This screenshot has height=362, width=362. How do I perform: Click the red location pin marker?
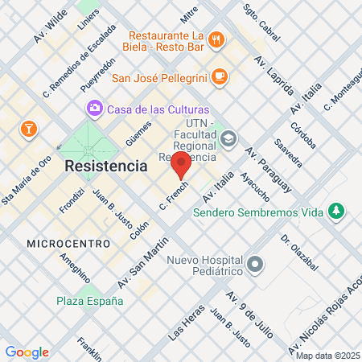click(x=181, y=165)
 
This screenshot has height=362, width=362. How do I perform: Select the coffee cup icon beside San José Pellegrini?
click(x=220, y=77)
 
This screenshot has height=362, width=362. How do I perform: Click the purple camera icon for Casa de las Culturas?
click(x=96, y=108)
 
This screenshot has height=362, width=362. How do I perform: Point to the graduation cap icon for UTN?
click(x=229, y=138)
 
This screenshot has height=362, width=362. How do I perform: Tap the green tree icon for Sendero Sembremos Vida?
click(x=336, y=212)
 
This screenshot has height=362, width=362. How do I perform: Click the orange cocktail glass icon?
click(x=29, y=128)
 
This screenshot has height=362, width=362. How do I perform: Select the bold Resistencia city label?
click(x=105, y=166)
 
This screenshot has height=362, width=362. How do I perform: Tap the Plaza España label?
click(x=89, y=301)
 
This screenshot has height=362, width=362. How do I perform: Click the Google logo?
click(x=27, y=352)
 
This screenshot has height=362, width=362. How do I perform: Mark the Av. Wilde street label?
click(x=50, y=29)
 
